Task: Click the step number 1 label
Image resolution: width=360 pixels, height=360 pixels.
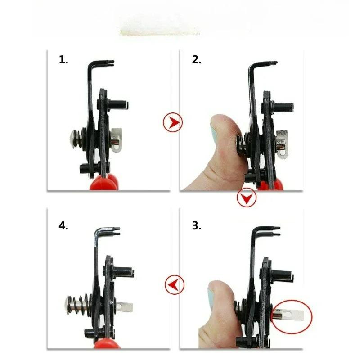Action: pyautogui.click(x=63, y=60)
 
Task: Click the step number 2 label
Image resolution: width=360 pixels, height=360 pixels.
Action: pyautogui.click(x=197, y=60)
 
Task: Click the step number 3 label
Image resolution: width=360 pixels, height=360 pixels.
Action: pyautogui.click(x=197, y=225)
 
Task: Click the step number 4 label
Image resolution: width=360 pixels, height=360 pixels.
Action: pyautogui.click(x=63, y=225)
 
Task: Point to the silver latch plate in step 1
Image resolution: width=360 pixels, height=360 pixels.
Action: pyautogui.click(x=116, y=140)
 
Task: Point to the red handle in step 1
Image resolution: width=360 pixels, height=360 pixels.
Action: pyautogui.click(x=104, y=183)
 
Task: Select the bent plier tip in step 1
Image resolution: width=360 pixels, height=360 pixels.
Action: pyautogui.click(x=108, y=63)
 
